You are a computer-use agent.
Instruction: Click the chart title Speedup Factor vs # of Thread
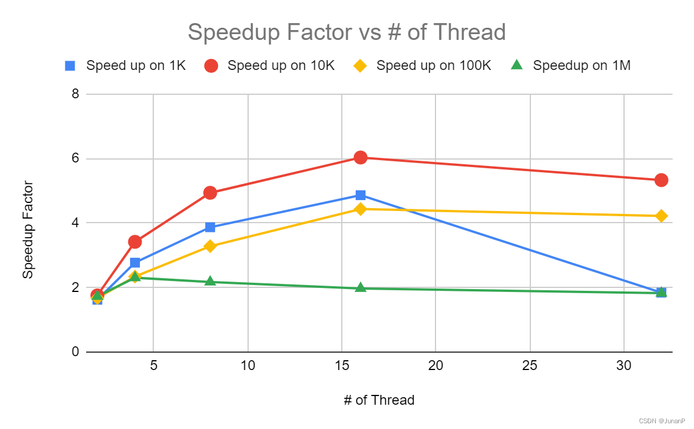(x=346, y=32)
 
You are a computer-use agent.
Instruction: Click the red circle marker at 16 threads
(x=360, y=157)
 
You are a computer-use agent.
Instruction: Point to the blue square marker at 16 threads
(x=360, y=195)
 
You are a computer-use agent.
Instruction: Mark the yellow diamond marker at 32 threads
(x=661, y=216)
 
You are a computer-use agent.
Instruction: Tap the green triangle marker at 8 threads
(x=210, y=281)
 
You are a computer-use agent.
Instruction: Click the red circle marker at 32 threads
(x=661, y=180)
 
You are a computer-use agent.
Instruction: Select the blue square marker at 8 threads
(x=210, y=227)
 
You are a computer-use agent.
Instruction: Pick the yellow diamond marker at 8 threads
(x=210, y=246)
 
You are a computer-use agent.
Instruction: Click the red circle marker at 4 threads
(x=135, y=242)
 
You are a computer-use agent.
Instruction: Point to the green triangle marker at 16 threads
(x=360, y=287)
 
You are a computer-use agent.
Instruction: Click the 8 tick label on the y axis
(x=75, y=94)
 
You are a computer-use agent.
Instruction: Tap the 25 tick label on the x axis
(x=530, y=366)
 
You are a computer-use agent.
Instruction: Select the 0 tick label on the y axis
(x=75, y=352)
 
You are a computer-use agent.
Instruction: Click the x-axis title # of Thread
(x=379, y=400)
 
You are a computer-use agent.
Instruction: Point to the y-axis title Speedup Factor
(x=28, y=230)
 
